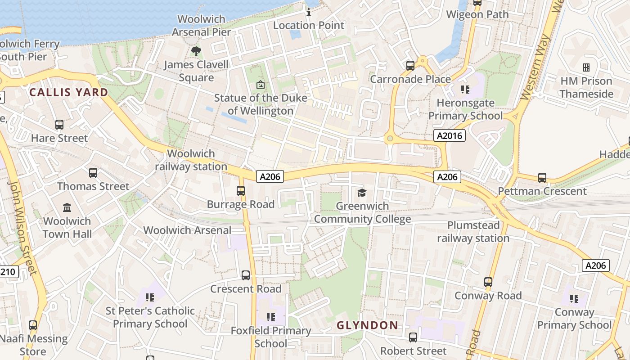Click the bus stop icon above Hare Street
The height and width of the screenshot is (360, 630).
click(x=59, y=125)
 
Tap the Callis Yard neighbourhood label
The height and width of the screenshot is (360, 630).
click(x=69, y=93)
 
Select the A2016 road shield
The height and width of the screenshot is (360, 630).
click(x=450, y=135)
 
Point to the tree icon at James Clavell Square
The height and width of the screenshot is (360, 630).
click(x=196, y=51)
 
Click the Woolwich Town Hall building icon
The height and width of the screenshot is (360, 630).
click(x=67, y=207)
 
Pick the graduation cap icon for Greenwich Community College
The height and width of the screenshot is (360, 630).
click(x=362, y=193)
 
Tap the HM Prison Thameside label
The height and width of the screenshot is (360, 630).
click(x=586, y=87)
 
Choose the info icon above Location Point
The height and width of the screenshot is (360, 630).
click(x=309, y=12)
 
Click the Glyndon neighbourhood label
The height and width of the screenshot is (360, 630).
click(x=367, y=325)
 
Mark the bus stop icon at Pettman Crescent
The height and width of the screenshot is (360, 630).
click(x=542, y=178)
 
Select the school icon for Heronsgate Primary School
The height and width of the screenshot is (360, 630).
click(x=465, y=90)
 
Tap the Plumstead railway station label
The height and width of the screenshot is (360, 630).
click(x=473, y=231)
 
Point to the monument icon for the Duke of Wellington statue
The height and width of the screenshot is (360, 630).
click(x=260, y=84)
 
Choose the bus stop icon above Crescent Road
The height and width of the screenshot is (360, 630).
click(x=246, y=275)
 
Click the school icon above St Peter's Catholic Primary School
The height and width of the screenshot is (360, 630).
click(x=150, y=297)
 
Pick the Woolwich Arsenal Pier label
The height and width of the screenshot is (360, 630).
click(x=202, y=26)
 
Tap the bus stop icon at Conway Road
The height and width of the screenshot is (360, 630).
click(x=488, y=282)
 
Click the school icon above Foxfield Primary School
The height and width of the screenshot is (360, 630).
click(x=270, y=317)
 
